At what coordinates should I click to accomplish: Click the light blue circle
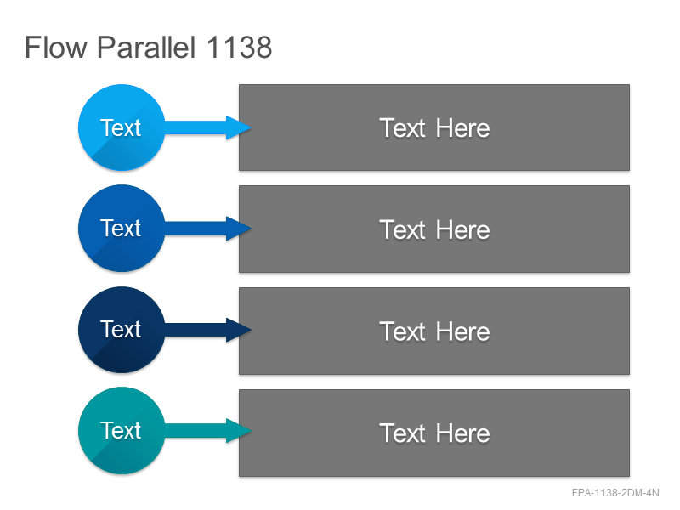click(122, 127)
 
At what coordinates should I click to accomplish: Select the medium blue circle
click(122, 229)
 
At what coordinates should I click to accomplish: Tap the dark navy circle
click(122, 330)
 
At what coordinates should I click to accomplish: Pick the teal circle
click(122, 431)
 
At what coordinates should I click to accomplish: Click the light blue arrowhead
click(239, 127)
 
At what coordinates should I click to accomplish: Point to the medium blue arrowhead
click(239, 229)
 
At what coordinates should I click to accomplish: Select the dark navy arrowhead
click(239, 330)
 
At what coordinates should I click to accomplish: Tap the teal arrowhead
click(239, 431)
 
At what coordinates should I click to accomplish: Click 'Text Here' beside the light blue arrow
click(434, 128)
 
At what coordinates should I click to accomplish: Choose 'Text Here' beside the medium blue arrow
click(434, 229)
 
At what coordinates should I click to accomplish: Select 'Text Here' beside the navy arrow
click(434, 331)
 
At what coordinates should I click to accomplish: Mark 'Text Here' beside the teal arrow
click(434, 433)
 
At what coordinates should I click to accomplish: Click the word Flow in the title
click(56, 48)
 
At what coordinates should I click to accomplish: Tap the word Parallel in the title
click(146, 48)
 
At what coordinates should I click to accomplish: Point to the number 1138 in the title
click(239, 48)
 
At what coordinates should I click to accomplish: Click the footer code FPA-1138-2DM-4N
click(615, 493)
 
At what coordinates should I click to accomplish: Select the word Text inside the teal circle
click(121, 430)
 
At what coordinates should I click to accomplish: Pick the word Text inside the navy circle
click(121, 329)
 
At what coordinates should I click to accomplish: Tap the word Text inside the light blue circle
click(121, 127)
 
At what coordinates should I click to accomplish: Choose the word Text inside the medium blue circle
click(121, 228)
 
